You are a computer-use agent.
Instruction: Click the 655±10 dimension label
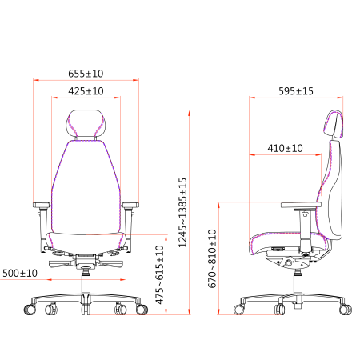coord(86,74)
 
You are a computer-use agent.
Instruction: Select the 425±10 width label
coord(86,91)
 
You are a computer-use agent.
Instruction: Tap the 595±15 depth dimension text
coord(296,91)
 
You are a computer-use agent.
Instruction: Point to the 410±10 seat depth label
coord(285,148)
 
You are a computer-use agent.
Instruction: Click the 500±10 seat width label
coord(20,274)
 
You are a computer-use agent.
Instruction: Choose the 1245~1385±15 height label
coord(182,213)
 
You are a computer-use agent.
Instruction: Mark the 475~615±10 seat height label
coord(160,274)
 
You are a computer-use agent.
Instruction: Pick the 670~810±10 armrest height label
coord(212,258)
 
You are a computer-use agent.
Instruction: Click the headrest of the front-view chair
coord(86,123)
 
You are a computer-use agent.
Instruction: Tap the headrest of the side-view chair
coord(334,124)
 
